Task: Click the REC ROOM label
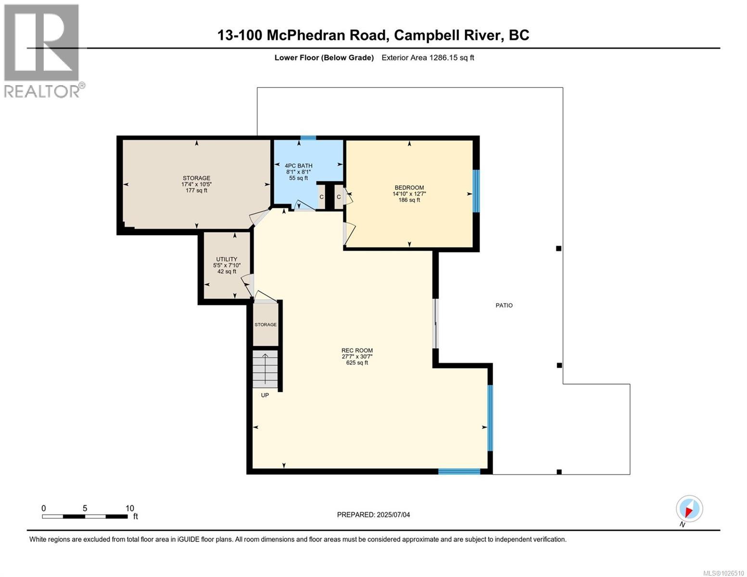point(357,351)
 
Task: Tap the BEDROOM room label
point(409,188)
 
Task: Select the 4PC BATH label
point(298,165)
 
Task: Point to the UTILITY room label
point(227,259)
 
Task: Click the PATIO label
point(504,305)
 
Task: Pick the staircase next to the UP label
point(265,369)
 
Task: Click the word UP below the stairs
point(265,395)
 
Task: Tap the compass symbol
point(689,509)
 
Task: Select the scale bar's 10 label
point(129,508)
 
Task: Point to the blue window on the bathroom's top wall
point(308,138)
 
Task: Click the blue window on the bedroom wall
point(476,191)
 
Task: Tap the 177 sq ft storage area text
point(196,190)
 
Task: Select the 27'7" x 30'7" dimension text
point(357,357)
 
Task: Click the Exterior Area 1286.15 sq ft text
point(428,58)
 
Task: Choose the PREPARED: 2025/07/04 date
point(373,515)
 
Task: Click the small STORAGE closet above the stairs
point(266,325)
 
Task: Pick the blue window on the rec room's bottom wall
point(459,471)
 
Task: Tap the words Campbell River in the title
point(447,36)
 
